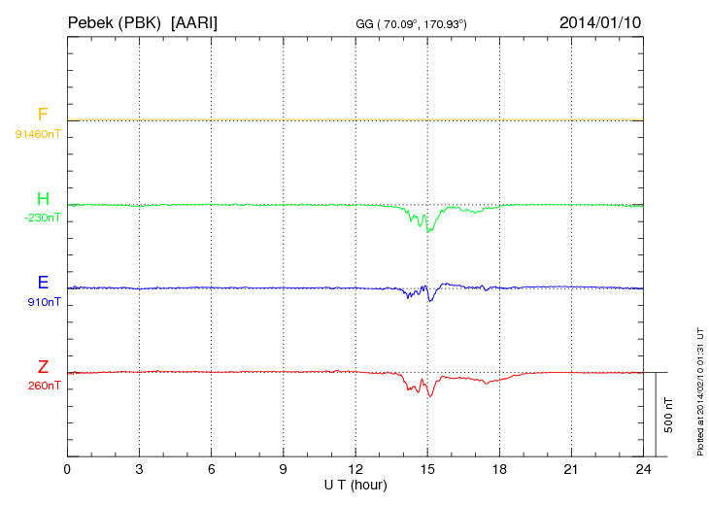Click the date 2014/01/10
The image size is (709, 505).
point(600,21)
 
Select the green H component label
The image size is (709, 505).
point(43,200)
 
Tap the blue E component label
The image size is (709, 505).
point(43,284)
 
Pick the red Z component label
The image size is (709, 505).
point(43,367)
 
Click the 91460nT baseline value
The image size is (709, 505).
point(38,133)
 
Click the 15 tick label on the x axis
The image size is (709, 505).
point(427,469)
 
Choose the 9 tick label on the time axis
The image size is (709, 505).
point(284,469)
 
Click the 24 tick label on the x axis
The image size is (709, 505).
point(643,469)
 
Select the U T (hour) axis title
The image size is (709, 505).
point(354,484)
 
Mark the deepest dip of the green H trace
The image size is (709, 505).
point(427,231)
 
